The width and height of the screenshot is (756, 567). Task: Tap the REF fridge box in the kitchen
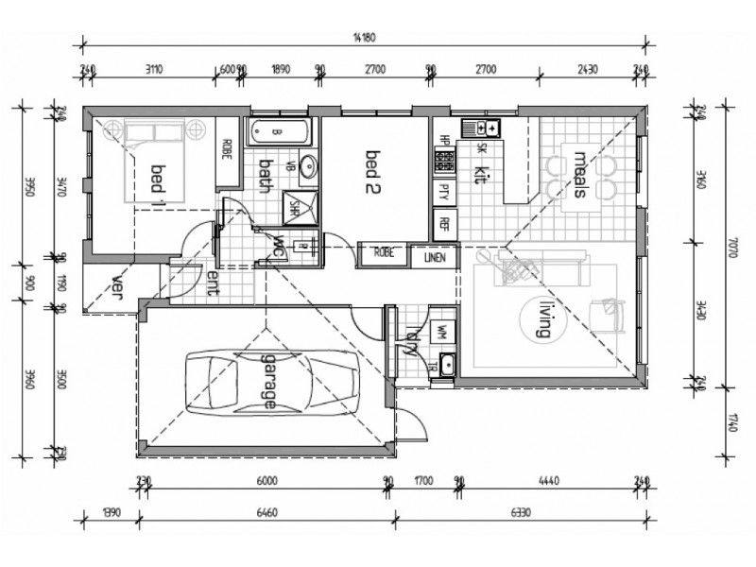[442, 225]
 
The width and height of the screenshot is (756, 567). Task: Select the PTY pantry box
[442, 192]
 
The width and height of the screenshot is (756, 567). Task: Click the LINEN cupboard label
[435, 254]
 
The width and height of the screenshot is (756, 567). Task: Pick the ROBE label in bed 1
[227, 149]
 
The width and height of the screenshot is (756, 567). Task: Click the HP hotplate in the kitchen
[442, 155]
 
